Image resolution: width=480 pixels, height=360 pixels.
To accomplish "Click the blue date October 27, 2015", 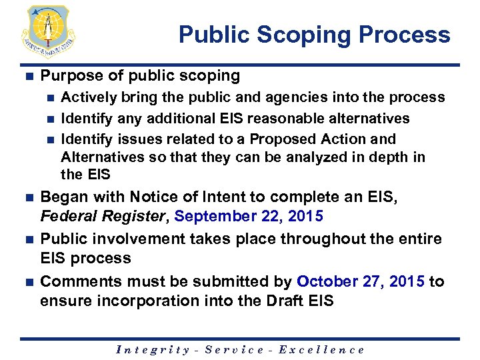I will (360, 281).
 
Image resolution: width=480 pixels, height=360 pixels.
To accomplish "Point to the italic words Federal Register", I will (104, 217).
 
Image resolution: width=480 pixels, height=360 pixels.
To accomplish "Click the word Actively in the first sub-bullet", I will (87, 97).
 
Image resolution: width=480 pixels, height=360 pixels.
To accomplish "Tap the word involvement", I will (133, 239).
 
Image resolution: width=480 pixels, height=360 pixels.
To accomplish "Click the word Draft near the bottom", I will (279, 301).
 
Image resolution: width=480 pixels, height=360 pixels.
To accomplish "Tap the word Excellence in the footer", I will (321, 349).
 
